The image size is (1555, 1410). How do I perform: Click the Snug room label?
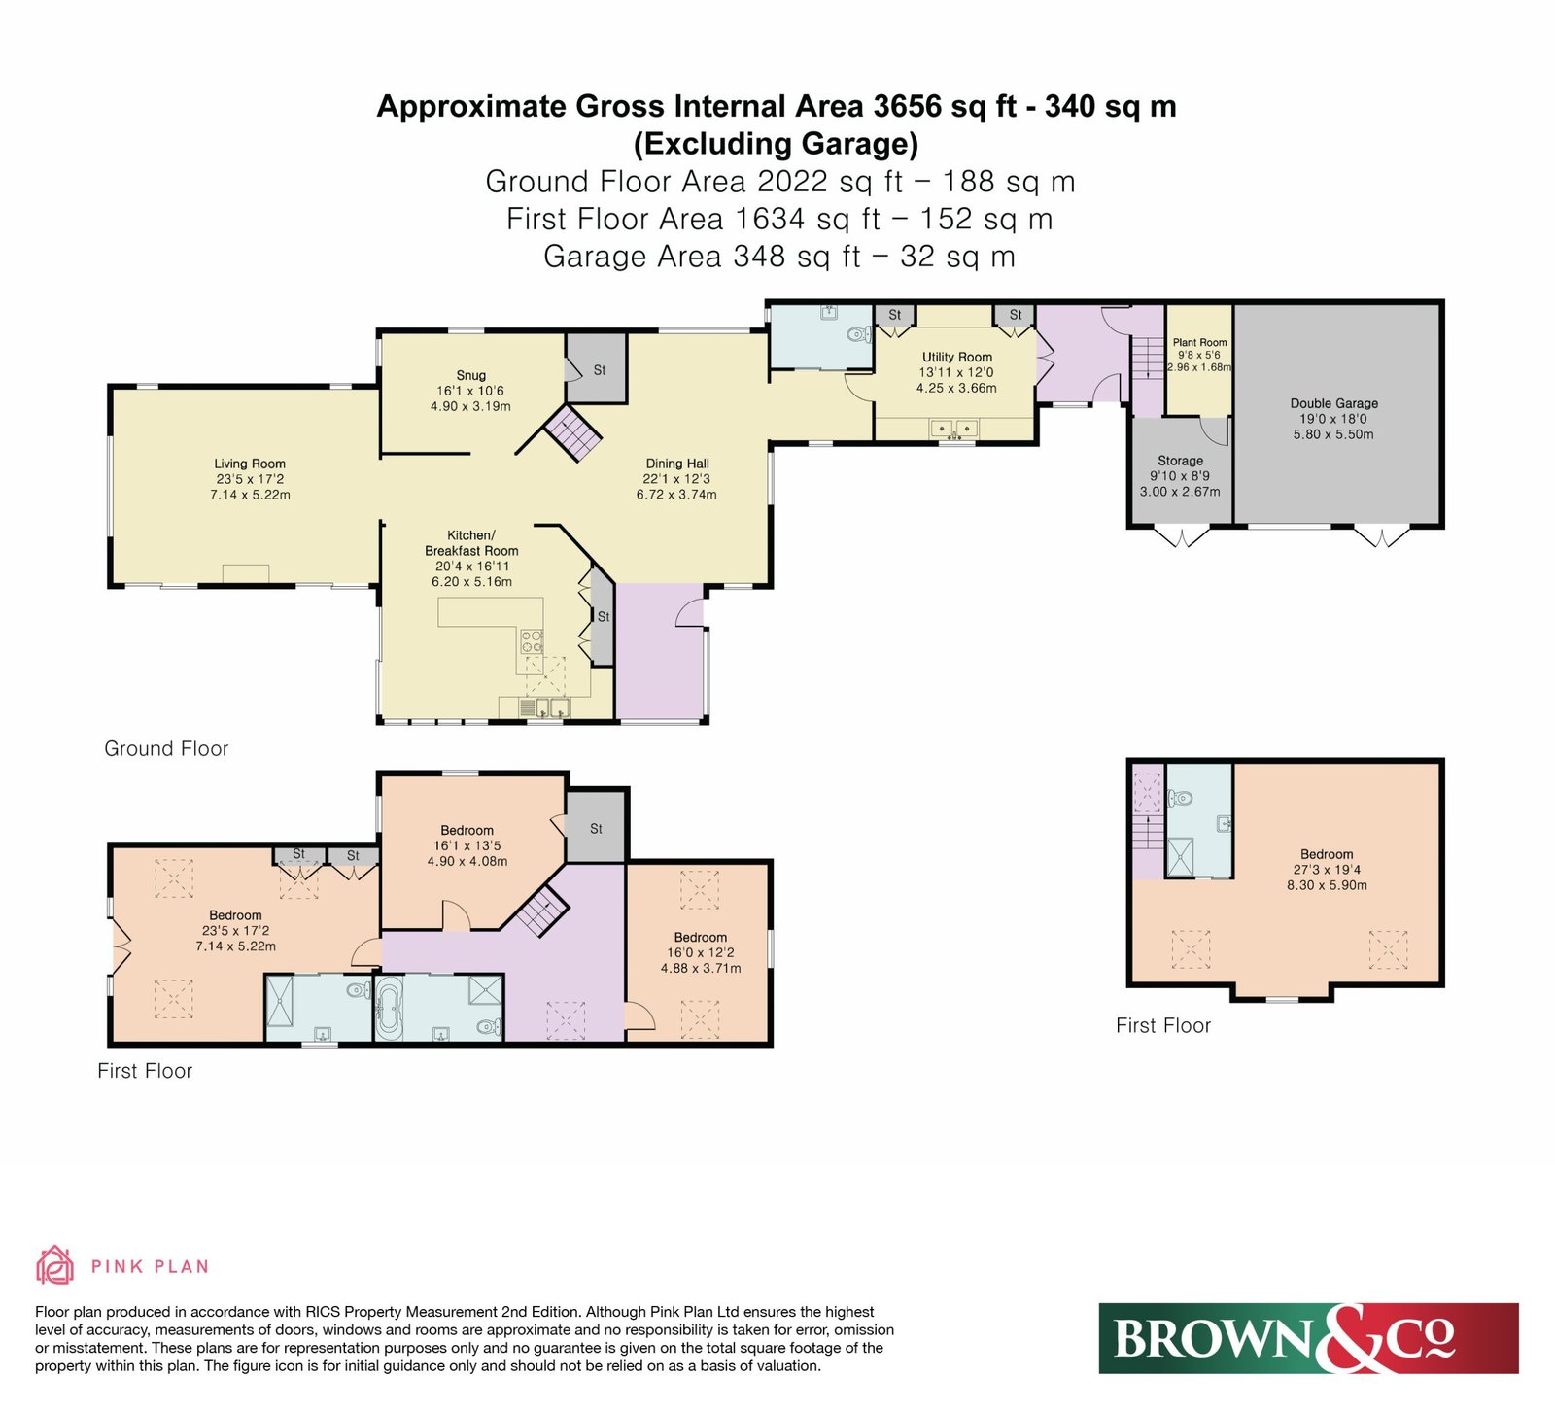point(471,375)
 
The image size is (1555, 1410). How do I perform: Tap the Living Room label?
point(250,464)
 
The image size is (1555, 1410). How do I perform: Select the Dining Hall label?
point(677,464)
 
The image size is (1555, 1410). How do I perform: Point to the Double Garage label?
point(1333,403)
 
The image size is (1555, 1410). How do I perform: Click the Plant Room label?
point(1199,342)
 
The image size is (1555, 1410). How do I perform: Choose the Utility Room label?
point(956,357)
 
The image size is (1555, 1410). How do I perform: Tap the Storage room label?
point(1180,461)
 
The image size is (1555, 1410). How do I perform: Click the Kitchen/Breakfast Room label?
point(471,543)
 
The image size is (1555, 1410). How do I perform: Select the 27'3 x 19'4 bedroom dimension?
point(1327,870)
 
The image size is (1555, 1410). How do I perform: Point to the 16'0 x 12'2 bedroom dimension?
point(700,953)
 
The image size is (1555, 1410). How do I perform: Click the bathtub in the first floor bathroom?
point(390,1008)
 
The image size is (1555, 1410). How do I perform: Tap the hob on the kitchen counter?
point(533,641)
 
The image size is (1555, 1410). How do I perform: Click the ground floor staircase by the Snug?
point(572,432)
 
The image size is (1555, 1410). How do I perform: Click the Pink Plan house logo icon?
point(55,1265)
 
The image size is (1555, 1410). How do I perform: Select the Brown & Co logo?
point(1308,1338)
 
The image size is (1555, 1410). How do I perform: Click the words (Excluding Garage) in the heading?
point(776,144)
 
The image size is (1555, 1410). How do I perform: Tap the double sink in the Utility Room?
point(954,429)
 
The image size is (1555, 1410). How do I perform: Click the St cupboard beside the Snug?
point(598,367)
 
